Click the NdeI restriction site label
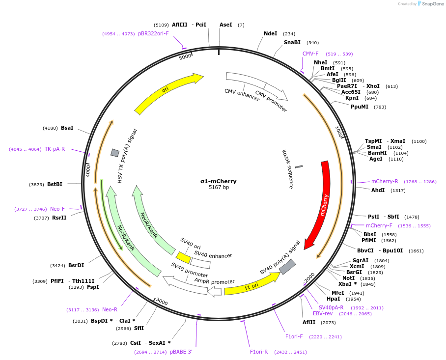[271, 33]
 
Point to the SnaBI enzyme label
[292, 42]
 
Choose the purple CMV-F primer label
[310, 54]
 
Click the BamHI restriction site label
[377, 153]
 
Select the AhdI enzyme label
[378, 190]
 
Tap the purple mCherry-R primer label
[385, 181]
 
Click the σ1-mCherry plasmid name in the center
[219, 181]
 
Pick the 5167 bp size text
[219, 188]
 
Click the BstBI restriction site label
[55, 184]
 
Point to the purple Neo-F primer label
[57, 209]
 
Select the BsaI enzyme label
[67, 128]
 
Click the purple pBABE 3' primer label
[181, 352]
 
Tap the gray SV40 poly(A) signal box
[287, 267]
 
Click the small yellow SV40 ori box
[184, 257]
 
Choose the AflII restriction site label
[309, 322]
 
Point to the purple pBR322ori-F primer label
[153, 33]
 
